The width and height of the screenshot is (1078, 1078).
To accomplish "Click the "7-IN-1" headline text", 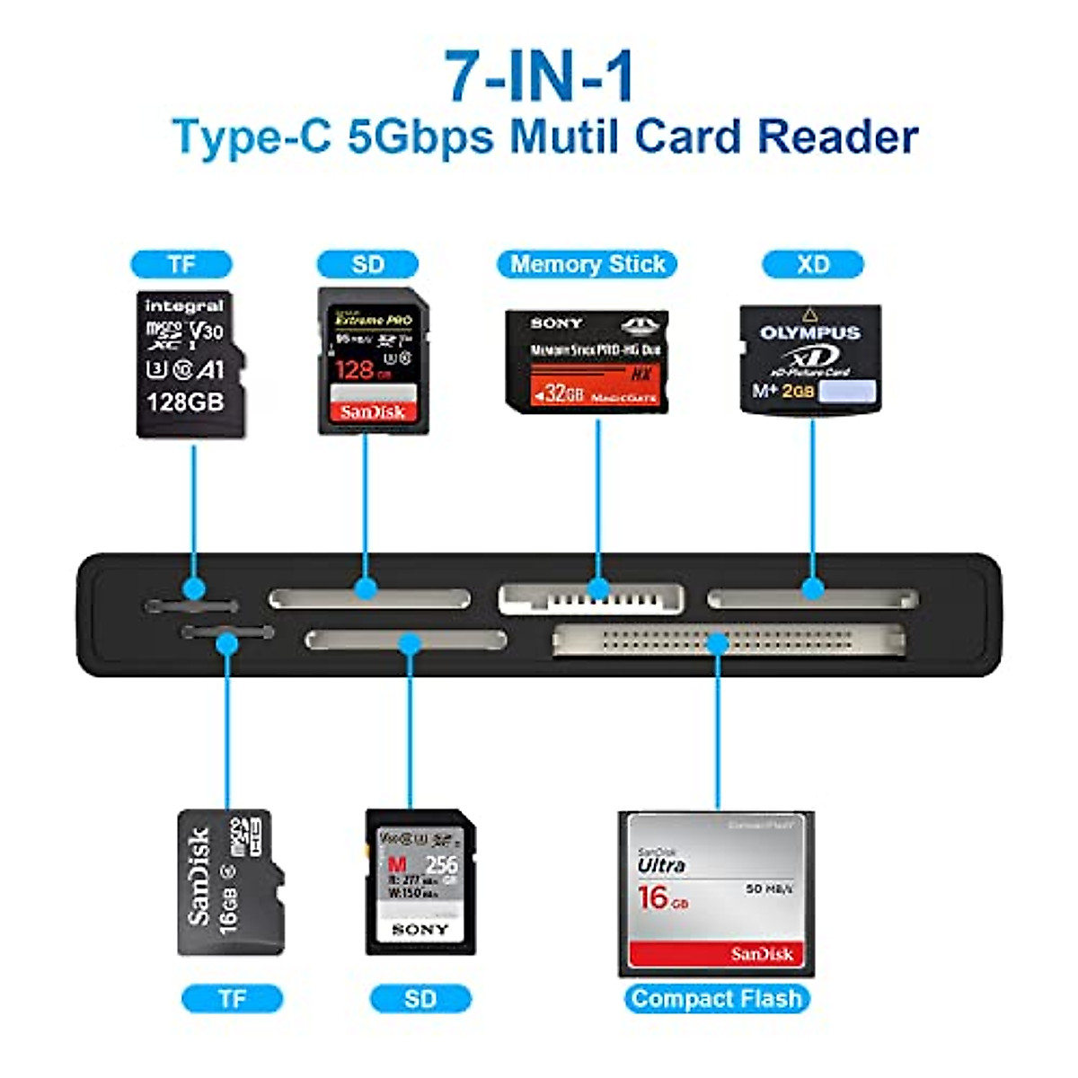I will point(540,75).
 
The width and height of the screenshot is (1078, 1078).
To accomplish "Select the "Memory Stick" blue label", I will point(587,264).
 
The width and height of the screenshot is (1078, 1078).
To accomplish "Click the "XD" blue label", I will point(812,264).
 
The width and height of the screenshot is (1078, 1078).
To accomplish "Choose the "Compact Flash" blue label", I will point(716,998).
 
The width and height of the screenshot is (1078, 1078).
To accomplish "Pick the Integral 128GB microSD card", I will point(188,364).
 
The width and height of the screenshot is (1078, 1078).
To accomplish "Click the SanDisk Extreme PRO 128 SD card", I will point(373,361).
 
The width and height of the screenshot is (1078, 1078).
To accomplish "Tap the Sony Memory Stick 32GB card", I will point(587,361).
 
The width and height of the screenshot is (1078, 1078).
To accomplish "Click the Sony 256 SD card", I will point(420,882).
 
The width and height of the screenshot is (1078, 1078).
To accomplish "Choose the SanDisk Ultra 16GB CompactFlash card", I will point(716,894).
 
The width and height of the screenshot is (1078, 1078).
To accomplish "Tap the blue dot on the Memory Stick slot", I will point(597,589).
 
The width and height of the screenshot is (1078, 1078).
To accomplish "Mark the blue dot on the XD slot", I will point(812,589).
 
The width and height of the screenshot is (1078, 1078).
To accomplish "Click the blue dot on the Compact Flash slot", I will point(716,643).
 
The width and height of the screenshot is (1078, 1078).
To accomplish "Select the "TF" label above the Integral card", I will point(181,264).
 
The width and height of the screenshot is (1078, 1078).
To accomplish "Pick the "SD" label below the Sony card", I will point(420,998).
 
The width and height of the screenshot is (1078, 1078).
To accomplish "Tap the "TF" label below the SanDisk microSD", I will point(232,998).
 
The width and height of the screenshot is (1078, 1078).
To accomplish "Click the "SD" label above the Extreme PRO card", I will point(367,264).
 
